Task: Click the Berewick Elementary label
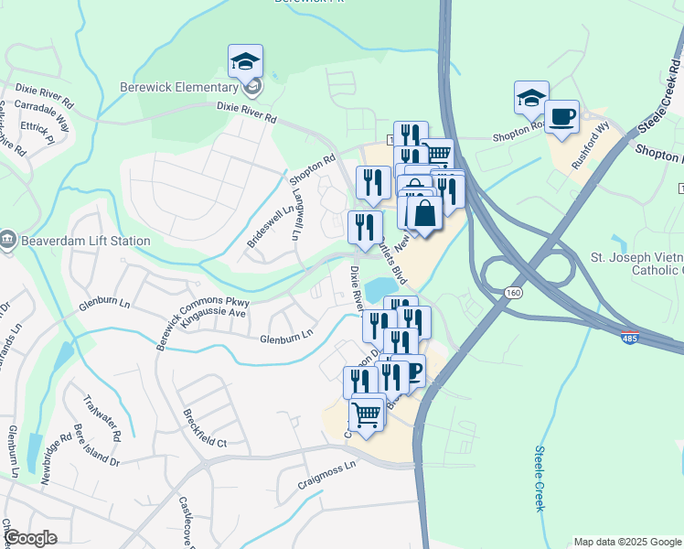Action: (179, 87)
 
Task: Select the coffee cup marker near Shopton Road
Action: (561, 117)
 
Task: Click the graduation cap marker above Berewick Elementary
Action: (245, 62)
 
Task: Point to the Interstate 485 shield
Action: (629, 338)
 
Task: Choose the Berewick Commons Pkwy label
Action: (202, 311)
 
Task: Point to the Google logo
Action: (31, 538)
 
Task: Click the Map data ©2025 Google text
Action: (625, 542)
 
